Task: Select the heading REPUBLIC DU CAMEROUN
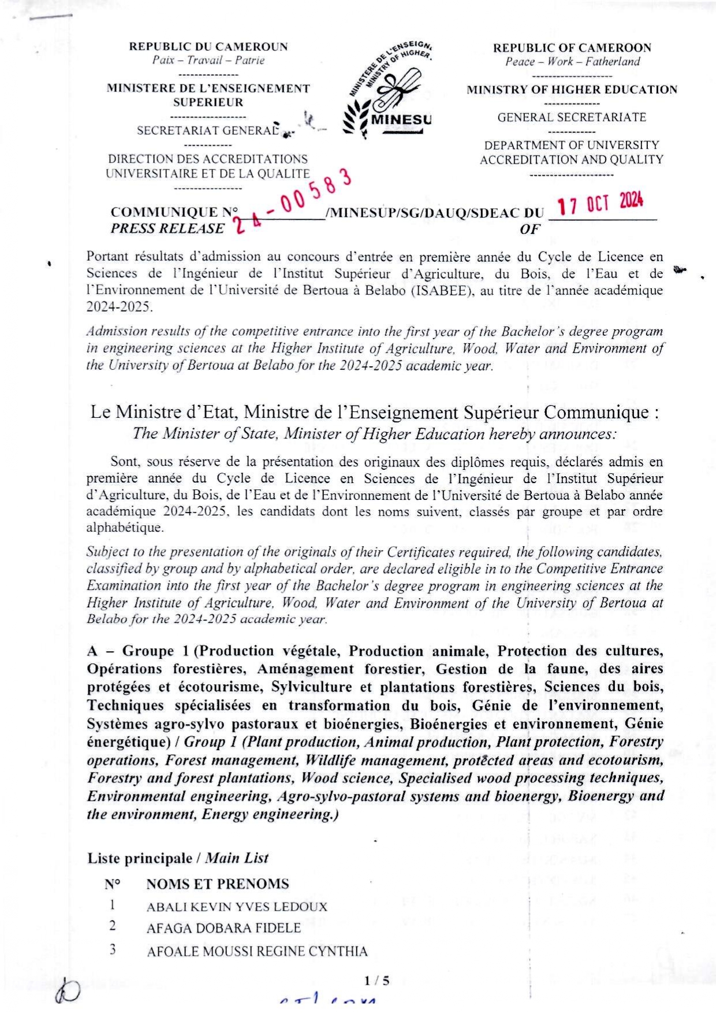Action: click(x=208, y=47)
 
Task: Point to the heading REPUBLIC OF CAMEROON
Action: click(x=572, y=48)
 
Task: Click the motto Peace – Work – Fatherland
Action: click(x=572, y=62)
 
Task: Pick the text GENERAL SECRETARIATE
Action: click(x=572, y=117)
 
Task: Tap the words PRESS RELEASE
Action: click(x=167, y=228)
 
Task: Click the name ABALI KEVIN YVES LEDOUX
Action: click(x=237, y=907)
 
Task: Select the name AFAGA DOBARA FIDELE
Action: click(x=223, y=928)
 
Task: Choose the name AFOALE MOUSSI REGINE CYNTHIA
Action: click(x=257, y=951)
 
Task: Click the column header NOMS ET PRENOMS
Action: click(x=217, y=884)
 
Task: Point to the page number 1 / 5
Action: click(x=377, y=980)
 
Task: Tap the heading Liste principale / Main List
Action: click(x=178, y=858)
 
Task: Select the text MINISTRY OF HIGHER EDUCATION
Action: click(x=572, y=90)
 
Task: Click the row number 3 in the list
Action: click(x=113, y=949)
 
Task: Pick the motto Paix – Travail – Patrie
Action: click(x=208, y=60)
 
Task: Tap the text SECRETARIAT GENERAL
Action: click(x=208, y=131)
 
